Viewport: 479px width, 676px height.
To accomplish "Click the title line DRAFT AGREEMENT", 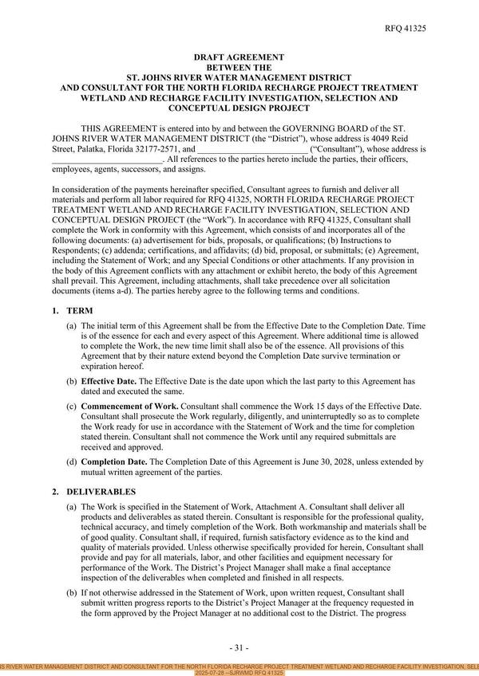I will tap(239, 57).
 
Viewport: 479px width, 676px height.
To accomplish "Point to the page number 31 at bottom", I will tap(239, 647).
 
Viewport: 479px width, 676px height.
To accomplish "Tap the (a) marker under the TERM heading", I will tap(72, 326).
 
